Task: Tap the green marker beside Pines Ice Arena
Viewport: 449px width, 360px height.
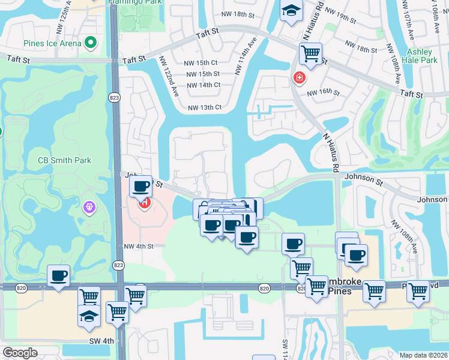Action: pyautogui.click(x=91, y=43)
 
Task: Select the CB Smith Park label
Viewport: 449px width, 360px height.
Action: pyautogui.click(x=64, y=160)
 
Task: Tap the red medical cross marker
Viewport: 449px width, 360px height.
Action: pyautogui.click(x=298, y=77)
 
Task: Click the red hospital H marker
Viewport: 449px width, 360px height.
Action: pyautogui.click(x=145, y=203)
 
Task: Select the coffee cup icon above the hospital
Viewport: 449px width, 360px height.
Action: pyautogui.click(x=140, y=187)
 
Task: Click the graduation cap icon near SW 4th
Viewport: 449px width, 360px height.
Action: pyautogui.click(x=89, y=315)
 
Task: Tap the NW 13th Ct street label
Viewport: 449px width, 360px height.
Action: pyautogui.click(x=205, y=107)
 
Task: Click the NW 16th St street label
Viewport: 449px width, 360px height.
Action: pyautogui.click(x=323, y=93)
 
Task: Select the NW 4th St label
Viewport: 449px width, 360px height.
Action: pyautogui.click(x=139, y=246)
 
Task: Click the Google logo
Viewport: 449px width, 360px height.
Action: pyautogui.click(x=20, y=353)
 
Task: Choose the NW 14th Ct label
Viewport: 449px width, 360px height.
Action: pyautogui.click(x=203, y=85)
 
